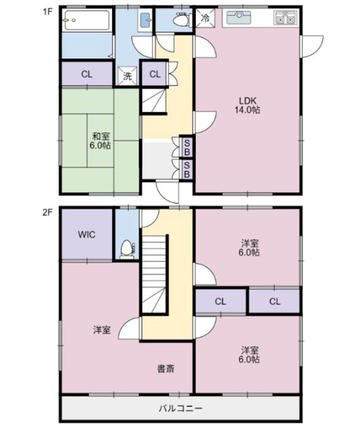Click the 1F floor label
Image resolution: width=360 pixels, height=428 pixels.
tap(47, 12)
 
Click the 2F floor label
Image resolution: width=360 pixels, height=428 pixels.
tap(47, 212)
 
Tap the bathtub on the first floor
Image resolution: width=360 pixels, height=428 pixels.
tap(87, 20)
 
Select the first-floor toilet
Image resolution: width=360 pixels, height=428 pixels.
tap(181, 18)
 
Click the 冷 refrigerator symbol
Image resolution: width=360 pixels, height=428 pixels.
tap(205, 18)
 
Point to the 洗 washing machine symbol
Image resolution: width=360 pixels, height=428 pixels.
tap(127, 75)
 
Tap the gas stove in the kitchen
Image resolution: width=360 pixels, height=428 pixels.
tap(286, 18)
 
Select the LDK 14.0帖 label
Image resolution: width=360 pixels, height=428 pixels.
tap(248, 105)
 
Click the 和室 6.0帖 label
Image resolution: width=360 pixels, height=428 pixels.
tap(100, 140)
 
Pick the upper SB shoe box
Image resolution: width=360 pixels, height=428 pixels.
tap(187, 147)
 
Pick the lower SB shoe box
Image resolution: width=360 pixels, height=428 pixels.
tap(187, 169)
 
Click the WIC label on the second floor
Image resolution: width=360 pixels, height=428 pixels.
tap(87, 234)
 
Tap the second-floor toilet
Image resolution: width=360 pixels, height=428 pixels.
tap(127, 248)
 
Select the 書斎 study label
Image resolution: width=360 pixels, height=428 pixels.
tap(165, 369)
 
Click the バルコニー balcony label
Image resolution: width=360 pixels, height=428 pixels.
tap(180, 408)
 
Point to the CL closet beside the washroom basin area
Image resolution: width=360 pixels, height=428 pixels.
tap(155, 74)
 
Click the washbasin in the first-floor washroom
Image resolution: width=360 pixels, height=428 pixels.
tap(146, 20)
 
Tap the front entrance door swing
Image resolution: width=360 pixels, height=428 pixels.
tap(167, 192)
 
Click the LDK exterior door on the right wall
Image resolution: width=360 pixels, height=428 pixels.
tap(312, 46)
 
